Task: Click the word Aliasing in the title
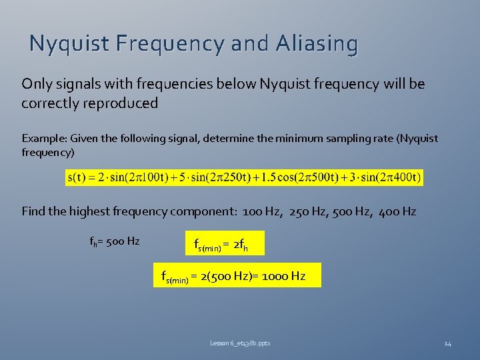pos(315,44)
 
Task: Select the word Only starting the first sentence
pos(36,84)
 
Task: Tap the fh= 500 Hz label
pos(114,241)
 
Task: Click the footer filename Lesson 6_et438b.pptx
pos(240,343)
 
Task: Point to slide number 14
pos(447,343)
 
